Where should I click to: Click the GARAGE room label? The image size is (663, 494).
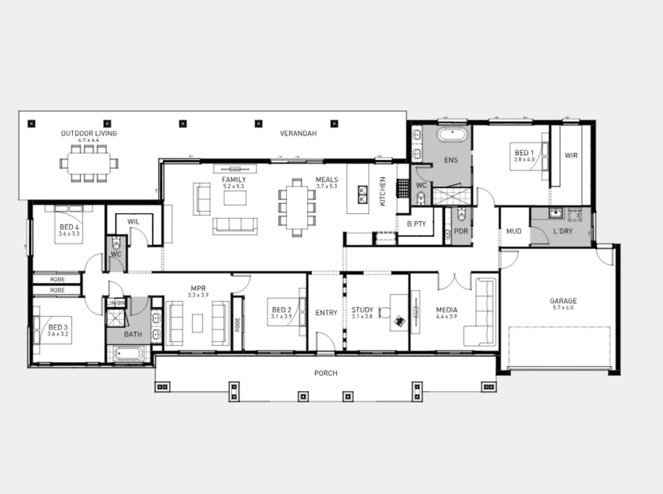click(x=562, y=301)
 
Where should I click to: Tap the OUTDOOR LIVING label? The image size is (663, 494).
click(x=89, y=133)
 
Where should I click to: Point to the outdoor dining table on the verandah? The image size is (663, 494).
click(x=89, y=163)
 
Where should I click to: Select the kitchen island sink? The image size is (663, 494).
click(x=363, y=193)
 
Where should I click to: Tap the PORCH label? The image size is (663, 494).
click(x=325, y=373)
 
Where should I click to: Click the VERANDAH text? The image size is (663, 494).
click(x=298, y=133)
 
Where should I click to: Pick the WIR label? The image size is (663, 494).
click(x=571, y=156)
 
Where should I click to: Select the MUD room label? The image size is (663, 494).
click(x=514, y=231)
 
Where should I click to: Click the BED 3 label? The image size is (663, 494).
click(x=57, y=327)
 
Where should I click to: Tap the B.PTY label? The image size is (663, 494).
click(x=415, y=225)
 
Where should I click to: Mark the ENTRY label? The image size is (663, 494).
click(x=326, y=313)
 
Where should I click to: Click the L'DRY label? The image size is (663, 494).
click(x=563, y=231)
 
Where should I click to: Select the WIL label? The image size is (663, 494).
click(x=133, y=222)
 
